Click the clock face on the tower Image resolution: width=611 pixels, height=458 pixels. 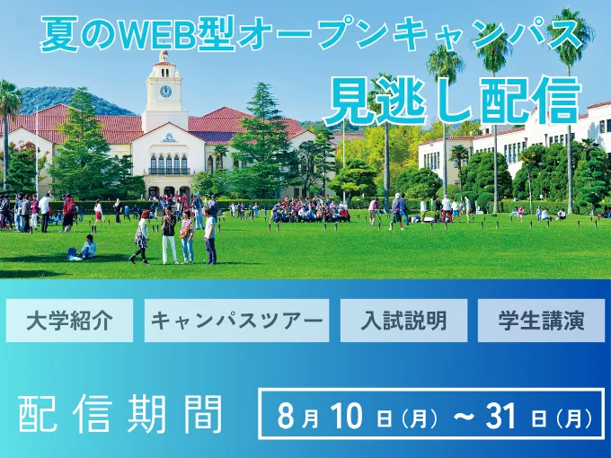point(165,91)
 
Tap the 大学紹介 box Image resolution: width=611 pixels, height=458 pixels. point(69,321)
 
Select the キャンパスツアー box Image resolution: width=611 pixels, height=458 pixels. point(236,321)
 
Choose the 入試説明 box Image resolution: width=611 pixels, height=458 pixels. point(403,321)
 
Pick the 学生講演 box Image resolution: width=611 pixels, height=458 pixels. point(541,321)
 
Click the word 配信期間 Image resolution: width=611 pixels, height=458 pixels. point(120,414)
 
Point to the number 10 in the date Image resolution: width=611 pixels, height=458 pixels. point(347,416)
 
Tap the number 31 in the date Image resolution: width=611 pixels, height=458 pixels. point(500,416)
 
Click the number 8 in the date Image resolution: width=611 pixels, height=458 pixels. point(286,416)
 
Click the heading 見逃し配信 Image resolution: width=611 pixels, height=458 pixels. point(452,100)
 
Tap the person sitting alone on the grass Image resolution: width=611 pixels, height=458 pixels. point(86,247)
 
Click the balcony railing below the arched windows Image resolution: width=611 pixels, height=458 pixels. point(169,171)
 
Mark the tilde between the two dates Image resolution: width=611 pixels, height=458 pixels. point(464,416)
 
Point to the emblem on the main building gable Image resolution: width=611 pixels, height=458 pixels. point(169,138)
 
